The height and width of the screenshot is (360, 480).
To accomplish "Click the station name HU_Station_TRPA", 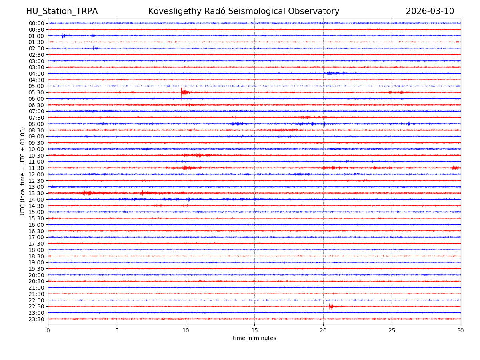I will (x=62, y=11).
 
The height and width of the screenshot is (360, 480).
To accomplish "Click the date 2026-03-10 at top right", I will (x=430, y=11).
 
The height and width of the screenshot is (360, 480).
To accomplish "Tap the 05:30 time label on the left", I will (x=36, y=92).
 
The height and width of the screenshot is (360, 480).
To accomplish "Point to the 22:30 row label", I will (x=36, y=306).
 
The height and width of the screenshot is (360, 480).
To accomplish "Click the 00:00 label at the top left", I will (x=36, y=23).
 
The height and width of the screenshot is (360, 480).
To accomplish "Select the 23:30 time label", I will (x=36, y=319).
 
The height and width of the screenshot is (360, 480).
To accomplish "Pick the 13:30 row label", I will (x=36, y=193).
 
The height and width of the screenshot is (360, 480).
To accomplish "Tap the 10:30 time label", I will (x=36, y=156).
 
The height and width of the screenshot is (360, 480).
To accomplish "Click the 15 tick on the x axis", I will (x=254, y=331).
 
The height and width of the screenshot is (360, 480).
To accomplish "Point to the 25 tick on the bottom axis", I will (x=392, y=331).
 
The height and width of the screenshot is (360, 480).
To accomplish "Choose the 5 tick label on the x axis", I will (x=117, y=331).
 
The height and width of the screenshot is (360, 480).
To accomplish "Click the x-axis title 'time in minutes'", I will (x=254, y=338).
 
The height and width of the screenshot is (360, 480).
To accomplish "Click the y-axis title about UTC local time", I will (x=23, y=171).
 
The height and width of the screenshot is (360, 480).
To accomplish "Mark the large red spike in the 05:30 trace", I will (x=182, y=92).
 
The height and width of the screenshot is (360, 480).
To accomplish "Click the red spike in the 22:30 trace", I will (x=331, y=306).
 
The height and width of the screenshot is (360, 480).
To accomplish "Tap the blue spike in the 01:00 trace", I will (x=63, y=36).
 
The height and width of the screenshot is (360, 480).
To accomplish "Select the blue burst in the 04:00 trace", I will (x=334, y=73).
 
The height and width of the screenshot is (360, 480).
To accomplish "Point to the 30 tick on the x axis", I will (x=461, y=331).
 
